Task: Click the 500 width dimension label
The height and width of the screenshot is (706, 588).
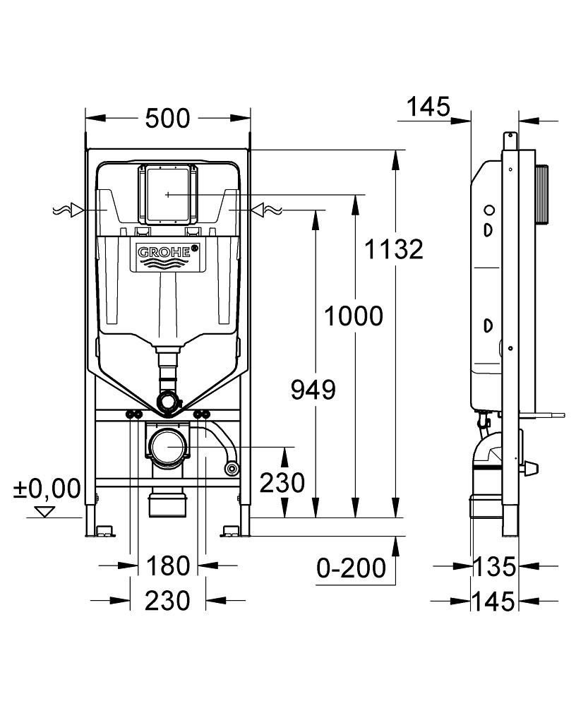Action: pos(168,119)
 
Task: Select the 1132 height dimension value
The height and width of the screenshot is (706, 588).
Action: pos(394,249)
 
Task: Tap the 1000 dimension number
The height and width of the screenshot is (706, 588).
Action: pos(353,316)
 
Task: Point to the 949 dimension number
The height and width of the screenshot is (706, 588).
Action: pos(313,389)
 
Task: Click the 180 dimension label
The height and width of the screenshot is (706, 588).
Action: pos(168,565)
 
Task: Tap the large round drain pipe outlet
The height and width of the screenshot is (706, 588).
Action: pos(168,447)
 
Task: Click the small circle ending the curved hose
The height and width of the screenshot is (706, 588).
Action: pos(230,467)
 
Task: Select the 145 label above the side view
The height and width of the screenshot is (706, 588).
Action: pos(428,107)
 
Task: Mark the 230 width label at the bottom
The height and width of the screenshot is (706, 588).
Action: pos(168,601)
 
